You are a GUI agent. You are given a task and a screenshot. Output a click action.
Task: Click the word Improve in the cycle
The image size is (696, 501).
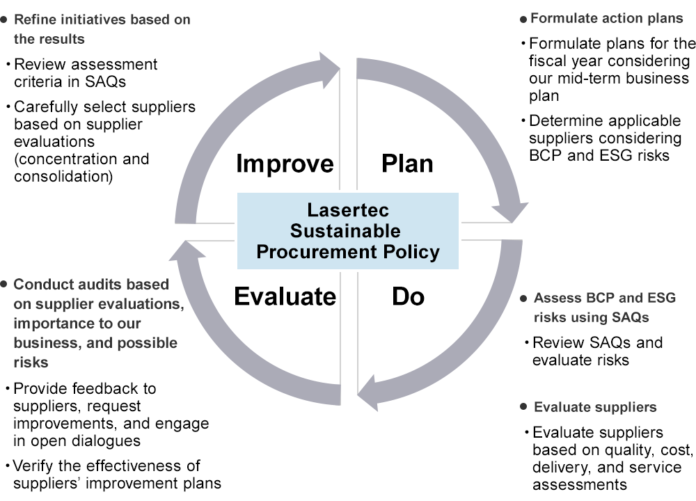click(285, 164)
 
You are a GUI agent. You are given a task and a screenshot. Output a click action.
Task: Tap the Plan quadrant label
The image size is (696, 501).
click(407, 164)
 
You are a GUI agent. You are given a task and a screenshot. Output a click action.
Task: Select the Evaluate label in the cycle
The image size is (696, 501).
click(285, 297)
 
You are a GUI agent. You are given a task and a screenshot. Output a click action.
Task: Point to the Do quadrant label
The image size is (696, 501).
click(408, 297)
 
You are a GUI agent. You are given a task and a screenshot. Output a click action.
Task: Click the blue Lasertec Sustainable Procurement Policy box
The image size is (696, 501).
click(348, 231)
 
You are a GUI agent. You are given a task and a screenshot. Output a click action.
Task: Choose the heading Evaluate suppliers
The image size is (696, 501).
click(595, 407)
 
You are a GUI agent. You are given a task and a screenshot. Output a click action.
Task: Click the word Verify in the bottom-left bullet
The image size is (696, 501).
click(34, 466)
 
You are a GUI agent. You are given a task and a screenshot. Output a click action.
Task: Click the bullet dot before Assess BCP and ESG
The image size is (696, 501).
click(523, 299)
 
